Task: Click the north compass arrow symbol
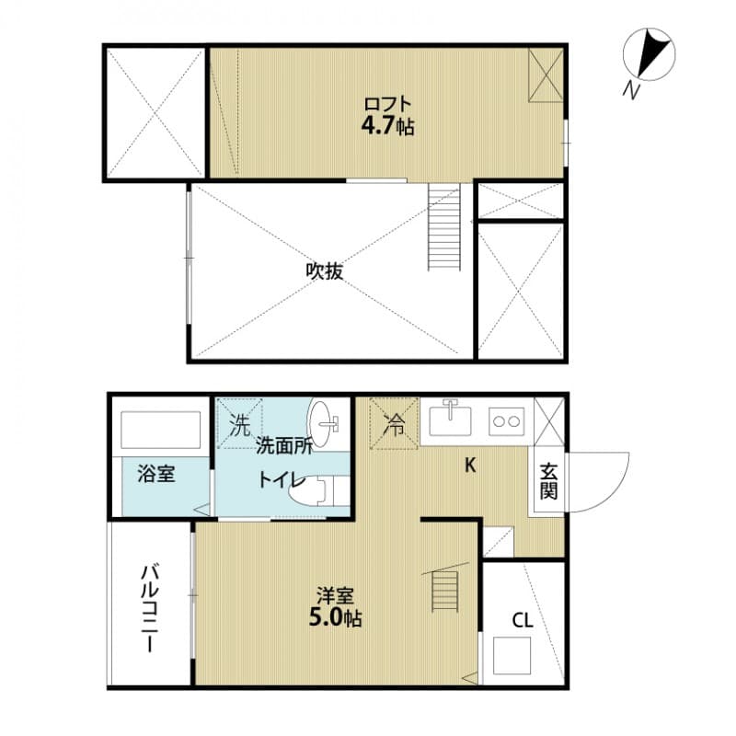[656, 55]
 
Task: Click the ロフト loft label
[386, 104]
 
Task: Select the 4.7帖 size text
[386, 126]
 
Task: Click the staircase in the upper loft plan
[444, 226]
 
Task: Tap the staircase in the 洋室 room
[444, 589]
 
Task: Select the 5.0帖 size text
[333, 618]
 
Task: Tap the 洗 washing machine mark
[239, 426]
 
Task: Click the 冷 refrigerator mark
[394, 424]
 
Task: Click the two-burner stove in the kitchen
[505, 421]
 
